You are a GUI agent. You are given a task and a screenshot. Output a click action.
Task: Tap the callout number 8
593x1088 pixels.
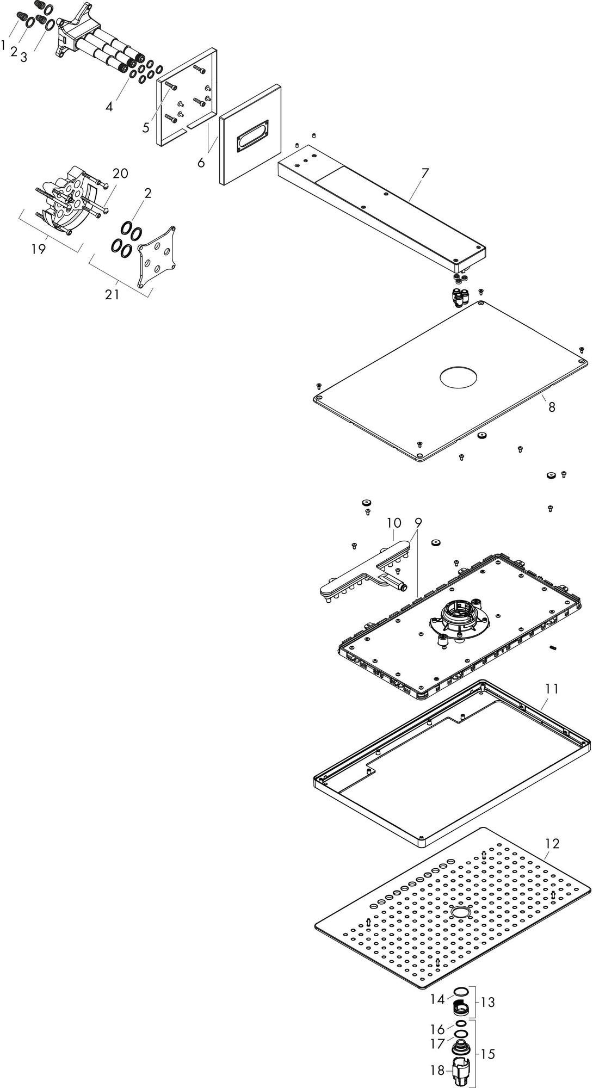point(552,406)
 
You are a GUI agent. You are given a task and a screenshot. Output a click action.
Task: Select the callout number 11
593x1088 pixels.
point(552,689)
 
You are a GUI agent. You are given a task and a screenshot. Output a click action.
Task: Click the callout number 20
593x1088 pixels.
point(120,173)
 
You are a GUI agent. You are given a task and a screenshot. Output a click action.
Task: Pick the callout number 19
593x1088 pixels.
point(38,249)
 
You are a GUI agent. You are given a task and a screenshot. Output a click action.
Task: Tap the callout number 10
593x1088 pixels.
point(394,523)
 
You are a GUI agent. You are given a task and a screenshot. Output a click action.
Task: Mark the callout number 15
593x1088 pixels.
point(488,1038)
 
